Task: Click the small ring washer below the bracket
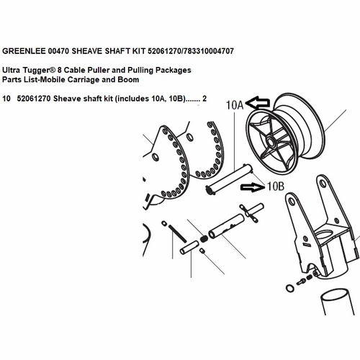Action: pos(289,289)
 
